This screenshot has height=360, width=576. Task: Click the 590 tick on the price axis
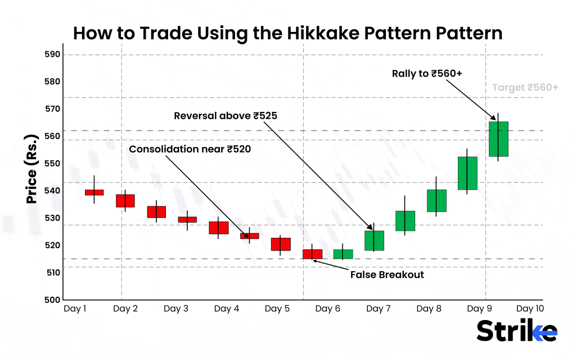point(52,55)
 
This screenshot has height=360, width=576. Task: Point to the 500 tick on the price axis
point(52,299)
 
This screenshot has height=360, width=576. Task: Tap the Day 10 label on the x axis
point(530,309)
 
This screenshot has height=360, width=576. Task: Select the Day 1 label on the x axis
point(75,309)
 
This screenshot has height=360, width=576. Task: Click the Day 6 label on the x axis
point(327,309)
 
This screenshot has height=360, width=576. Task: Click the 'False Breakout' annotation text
point(387,275)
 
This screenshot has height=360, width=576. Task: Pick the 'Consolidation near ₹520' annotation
point(190,149)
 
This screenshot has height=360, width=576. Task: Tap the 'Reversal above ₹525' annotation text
point(226,116)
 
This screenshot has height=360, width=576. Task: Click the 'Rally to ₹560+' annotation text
point(426,73)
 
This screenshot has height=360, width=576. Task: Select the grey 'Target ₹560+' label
point(525,88)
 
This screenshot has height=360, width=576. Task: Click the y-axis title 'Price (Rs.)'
point(33,169)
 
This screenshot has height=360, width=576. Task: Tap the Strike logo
point(517,331)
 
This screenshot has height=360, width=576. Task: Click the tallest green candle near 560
point(498,139)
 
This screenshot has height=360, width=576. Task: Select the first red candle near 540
point(94,192)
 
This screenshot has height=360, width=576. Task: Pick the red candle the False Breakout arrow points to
point(312,254)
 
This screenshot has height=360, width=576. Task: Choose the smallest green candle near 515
point(343,254)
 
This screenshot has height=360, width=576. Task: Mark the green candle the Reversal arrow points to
point(374,240)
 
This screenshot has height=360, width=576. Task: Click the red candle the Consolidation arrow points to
point(249,236)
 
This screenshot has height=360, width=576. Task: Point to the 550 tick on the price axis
point(52,163)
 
